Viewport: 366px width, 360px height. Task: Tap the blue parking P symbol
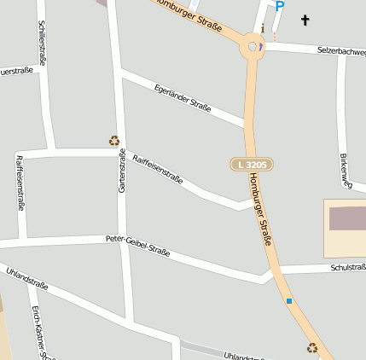click(279, 7)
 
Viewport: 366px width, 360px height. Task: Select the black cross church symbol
click(305, 19)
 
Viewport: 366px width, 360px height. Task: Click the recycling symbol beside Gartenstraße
click(114, 141)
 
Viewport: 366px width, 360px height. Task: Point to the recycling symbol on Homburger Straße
click(312, 347)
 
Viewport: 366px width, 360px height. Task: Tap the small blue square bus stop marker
click(289, 301)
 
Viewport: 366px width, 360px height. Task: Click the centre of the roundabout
click(253, 47)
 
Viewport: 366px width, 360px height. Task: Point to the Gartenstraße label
click(122, 170)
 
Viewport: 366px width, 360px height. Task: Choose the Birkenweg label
click(346, 171)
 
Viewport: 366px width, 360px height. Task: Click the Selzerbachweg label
click(341, 51)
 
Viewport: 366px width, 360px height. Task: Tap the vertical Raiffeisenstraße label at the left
click(20, 182)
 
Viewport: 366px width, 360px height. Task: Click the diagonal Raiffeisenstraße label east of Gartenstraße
click(158, 167)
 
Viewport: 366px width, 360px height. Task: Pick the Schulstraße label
click(347, 268)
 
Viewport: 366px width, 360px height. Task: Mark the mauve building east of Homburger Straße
click(347, 218)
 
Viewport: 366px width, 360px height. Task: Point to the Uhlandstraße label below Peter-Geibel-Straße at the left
click(26, 278)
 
